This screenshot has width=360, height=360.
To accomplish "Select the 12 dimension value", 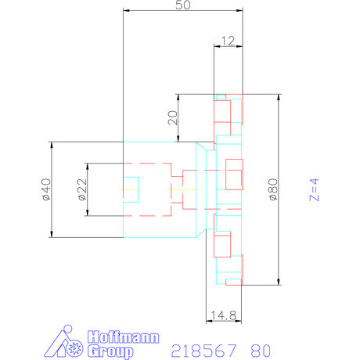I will pyautogui.click(x=229, y=40).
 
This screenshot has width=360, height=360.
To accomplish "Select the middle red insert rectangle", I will pyautogui.click(x=234, y=174).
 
